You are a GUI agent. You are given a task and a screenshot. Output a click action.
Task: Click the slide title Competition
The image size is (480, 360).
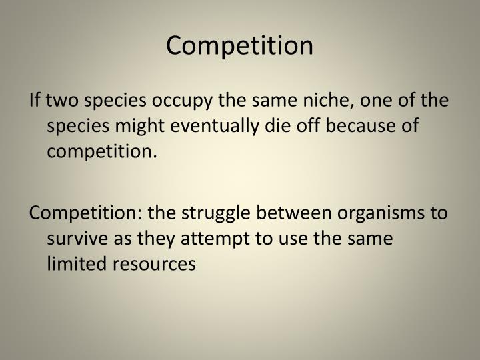point(239,45)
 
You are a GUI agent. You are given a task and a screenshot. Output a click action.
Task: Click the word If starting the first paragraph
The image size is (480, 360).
point(35,101)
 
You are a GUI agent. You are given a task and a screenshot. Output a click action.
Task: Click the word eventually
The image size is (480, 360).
point(213,127)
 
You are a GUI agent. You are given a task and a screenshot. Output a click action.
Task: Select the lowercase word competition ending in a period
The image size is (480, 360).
point(102,151)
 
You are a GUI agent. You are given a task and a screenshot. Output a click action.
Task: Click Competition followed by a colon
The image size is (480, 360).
point(87,213)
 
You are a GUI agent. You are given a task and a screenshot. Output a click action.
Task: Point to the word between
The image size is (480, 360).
point(297,213)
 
